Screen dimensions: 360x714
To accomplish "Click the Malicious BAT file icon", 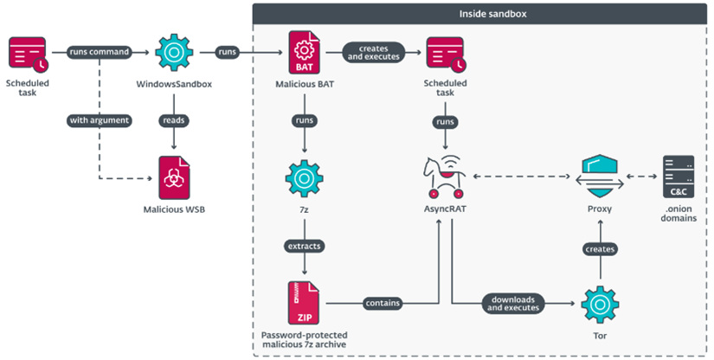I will tap(304, 53).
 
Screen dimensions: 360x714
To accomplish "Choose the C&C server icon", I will tap(678, 177).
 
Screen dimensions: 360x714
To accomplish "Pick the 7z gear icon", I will tap(304, 177).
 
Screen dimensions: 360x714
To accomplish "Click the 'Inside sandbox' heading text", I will tap(483, 16).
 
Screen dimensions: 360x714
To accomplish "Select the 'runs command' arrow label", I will tap(99, 52).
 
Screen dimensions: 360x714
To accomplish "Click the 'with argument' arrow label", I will tap(99, 120).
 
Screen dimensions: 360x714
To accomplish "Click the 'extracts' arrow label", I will tap(304, 246).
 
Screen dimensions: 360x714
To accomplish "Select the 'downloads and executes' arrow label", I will tap(514, 302).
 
